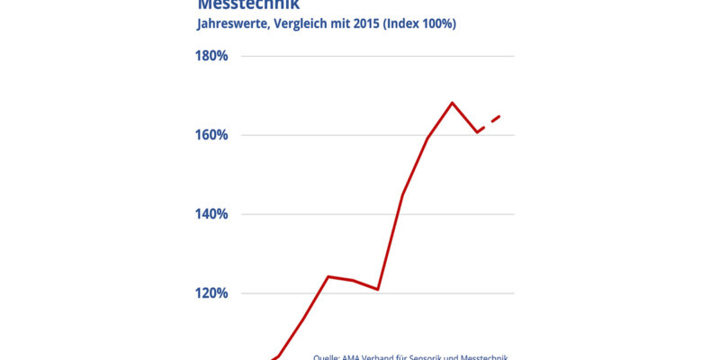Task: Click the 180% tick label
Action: [x=211, y=56]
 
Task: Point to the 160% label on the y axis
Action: [x=211, y=135]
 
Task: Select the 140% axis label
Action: [x=211, y=214]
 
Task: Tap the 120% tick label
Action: [x=211, y=293]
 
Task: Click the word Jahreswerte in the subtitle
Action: [x=231, y=24]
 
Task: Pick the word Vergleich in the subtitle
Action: [x=300, y=24]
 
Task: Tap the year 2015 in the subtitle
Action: [x=366, y=24]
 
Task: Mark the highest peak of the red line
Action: [x=452, y=103]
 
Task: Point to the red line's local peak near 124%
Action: [x=328, y=276]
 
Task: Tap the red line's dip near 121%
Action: [x=378, y=289]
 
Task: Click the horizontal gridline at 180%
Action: [x=378, y=56]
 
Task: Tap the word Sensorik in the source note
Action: [x=438, y=356]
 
